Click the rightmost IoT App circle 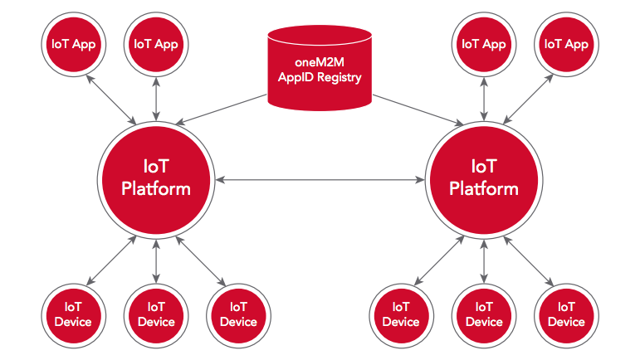click(566, 45)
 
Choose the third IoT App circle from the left click(483, 45)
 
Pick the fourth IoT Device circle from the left click(400, 313)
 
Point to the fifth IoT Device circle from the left click(483, 313)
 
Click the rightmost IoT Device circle click(566, 313)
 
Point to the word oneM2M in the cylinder click(320, 63)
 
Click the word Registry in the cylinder click(340, 80)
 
